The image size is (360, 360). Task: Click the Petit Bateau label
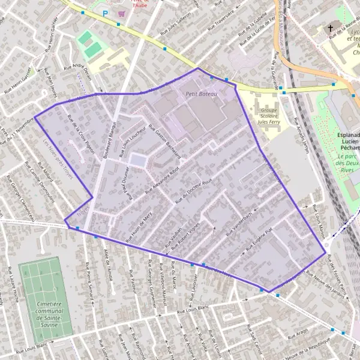tap(200, 94)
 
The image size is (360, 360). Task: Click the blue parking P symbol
tap(106, 13)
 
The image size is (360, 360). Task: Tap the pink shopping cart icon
tap(122, 13)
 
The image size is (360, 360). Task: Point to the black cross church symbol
tap(330, 28)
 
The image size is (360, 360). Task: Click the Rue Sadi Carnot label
tap(255, 343)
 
